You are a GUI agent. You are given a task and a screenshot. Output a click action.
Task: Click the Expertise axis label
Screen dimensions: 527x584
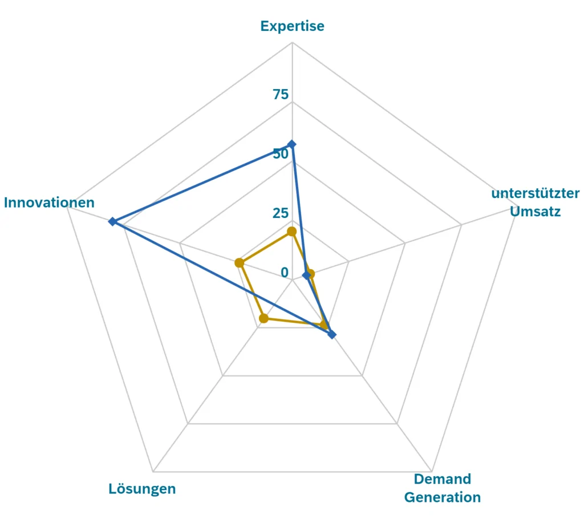pyautogui.click(x=292, y=26)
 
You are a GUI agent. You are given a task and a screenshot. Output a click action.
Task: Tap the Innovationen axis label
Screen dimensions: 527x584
pyautogui.click(x=49, y=202)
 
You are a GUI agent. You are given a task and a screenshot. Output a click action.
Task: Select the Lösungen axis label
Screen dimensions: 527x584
pyautogui.click(x=142, y=489)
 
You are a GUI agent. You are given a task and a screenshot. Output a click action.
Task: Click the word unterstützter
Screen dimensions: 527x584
pyautogui.click(x=536, y=193)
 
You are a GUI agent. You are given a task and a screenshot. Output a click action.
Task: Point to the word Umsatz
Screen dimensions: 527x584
pyautogui.click(x=536, y=212)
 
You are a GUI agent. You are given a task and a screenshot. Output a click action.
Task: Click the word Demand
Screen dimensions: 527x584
pyautogui.click(x=443, y=479)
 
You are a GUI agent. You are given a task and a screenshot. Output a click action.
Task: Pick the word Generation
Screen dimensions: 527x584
pyautogui.click(x=443, y=497)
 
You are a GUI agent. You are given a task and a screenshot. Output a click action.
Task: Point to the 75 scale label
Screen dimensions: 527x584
pyautogui.click(x=281, y=95)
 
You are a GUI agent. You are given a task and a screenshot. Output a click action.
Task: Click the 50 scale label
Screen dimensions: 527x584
pyautogui.click(x=281, y=154)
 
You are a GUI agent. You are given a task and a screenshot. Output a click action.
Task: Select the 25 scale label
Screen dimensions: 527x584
pyautogui.click(x=281, y=213)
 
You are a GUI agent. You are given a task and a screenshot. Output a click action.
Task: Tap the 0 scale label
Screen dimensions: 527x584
pyautogui.click(x=285, y=273)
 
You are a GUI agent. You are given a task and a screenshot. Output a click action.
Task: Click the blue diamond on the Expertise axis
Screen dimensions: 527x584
pyautogui.click(x=292, y=145)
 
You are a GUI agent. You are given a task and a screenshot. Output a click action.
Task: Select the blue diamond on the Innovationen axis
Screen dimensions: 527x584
pyautogui.click(x=112, y=221)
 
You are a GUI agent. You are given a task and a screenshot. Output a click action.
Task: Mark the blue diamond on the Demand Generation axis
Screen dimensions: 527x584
pyautogui.click(x=332, y=334)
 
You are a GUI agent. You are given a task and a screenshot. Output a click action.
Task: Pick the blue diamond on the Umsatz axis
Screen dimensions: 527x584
pyautogui.click(x=306, y=276)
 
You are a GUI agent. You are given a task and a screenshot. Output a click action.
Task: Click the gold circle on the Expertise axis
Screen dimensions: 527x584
pyautogui.click(x=292, y=232)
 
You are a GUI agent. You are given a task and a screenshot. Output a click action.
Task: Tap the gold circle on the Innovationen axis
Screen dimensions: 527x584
pyautogui.click(x=240, y=263)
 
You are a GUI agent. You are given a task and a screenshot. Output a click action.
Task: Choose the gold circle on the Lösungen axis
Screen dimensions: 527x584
pyautogui.click(x=263, y=318)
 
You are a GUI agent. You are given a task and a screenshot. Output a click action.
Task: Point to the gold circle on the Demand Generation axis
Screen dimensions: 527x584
pyautogui.click(x=325, y=326)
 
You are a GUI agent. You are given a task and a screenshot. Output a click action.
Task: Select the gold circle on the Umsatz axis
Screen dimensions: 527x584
pyautogui.click(x=310, y=274)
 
